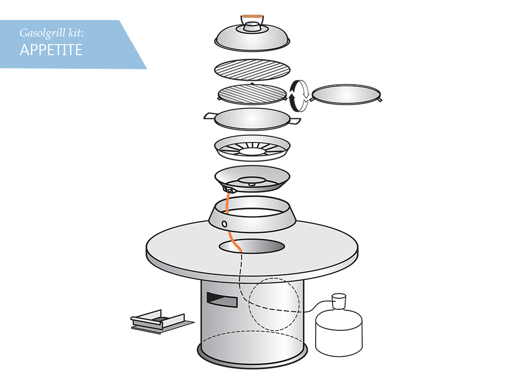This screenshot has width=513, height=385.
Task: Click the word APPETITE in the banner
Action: click(x=51, y=50)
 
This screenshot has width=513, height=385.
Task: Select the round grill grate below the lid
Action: click(x=252, y=70)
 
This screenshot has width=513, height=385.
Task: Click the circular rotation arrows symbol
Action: click(x=300, y=96)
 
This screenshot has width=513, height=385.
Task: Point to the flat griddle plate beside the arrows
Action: click(x=346, y=95)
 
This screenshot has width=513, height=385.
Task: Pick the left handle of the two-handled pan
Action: click(x=210, y=116)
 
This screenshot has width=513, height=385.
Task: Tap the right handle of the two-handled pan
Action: click(x=295, y=121)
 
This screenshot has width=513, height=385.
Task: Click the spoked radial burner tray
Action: click(x=252, y=148)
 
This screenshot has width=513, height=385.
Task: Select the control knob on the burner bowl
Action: click(x=228, y=189)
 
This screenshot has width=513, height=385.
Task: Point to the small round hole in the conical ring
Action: click(x=224, y=224)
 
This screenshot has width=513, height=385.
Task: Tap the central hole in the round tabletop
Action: click(x=251, y=246)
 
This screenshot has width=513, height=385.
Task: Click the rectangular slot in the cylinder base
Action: click(x=222, y=300)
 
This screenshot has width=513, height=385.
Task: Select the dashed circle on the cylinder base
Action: click(x=274, y=304)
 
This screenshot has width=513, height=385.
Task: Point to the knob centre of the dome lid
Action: click(x=252, y=25)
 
